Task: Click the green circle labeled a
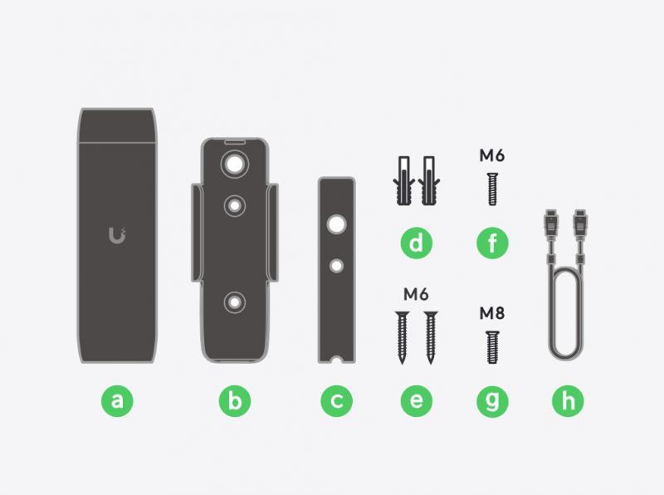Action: coord(117,401)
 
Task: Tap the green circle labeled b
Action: coord(235,401)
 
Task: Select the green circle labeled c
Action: coord(337,401)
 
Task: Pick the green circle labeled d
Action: coord(417,243)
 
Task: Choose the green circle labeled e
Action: coord(417,401)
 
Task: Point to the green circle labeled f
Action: coord(492,243)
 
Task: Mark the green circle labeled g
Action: coord(492,401)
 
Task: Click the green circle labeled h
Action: coord(568,401)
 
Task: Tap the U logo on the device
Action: coord(117,236)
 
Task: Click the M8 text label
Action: coord(492,313)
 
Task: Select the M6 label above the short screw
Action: coord(492,155)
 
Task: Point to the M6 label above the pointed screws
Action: coord(416,294)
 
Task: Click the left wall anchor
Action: coord(404,181)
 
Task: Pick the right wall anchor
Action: coord(429,181)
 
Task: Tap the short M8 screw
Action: coord(492,347)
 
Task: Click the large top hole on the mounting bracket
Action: coord(235,164)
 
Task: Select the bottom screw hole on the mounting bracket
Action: coord(235,302)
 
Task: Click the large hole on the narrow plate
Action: coord(337,224)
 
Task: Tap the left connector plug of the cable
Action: coord(551,223)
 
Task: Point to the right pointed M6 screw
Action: coord(431,338)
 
